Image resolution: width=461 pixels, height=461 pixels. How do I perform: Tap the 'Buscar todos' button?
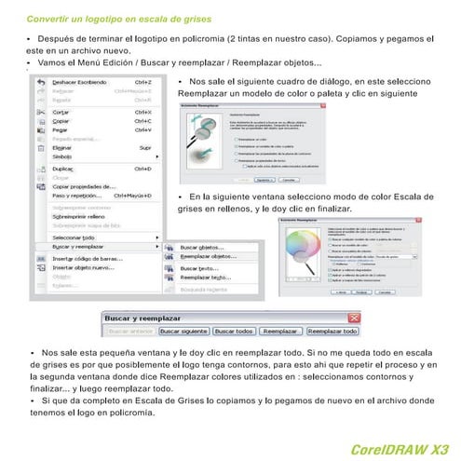(234, 331)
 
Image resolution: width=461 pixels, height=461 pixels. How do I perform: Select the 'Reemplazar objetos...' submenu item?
(208, 255)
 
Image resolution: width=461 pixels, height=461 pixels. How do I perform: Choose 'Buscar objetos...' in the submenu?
(203, 247)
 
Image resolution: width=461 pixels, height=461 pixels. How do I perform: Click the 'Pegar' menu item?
(63, 130)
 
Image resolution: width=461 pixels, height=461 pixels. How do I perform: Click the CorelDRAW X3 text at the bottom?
(394, 449)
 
